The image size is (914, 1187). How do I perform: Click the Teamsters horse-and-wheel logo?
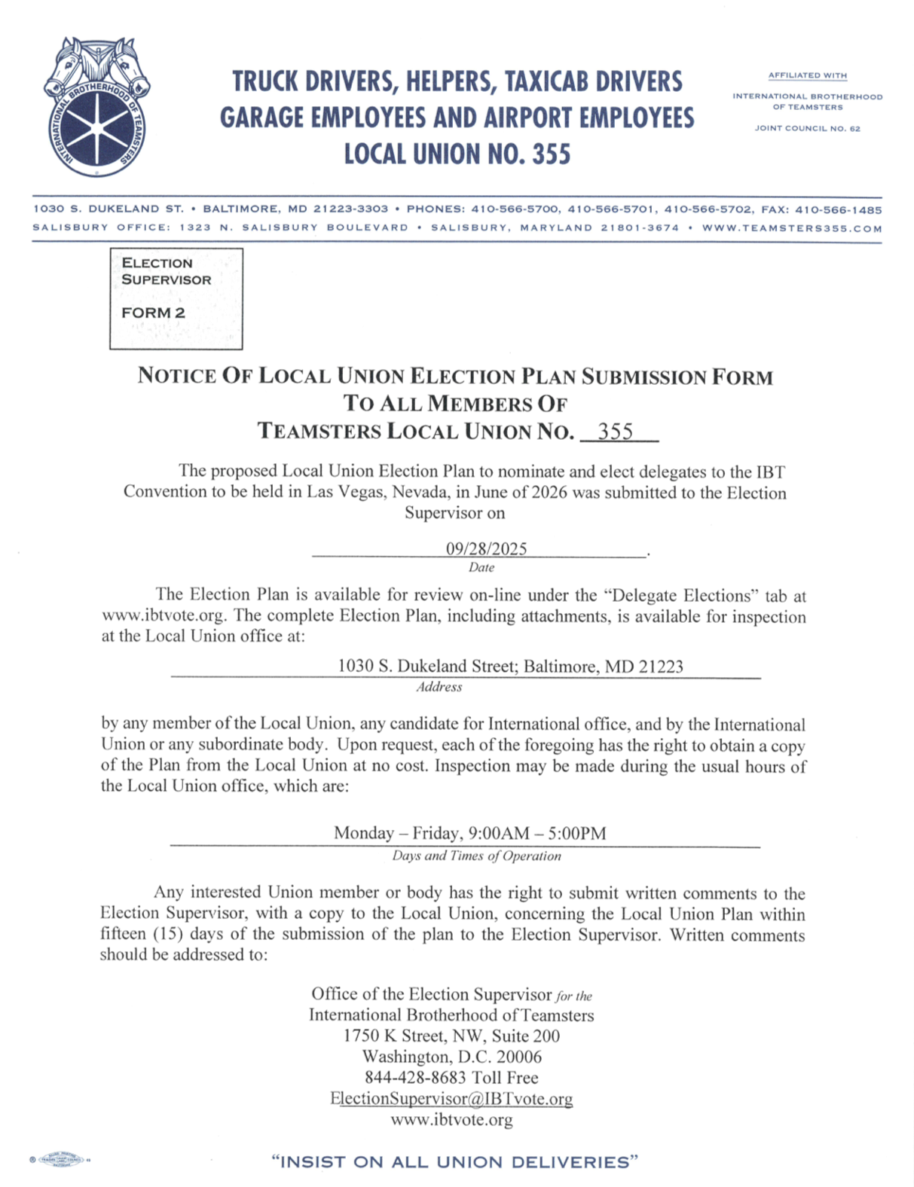96,107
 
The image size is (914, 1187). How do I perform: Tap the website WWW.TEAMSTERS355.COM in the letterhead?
791,228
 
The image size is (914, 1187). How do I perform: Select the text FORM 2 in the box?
153,313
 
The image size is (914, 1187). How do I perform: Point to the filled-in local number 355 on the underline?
615,432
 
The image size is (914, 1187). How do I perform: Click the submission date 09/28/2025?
486,548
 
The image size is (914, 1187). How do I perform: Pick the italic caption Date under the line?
481,568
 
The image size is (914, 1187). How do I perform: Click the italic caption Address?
439,687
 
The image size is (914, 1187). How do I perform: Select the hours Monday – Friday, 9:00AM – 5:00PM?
469,833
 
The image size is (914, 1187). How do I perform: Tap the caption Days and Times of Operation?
476,856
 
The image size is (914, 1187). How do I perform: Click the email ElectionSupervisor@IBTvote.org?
451,1099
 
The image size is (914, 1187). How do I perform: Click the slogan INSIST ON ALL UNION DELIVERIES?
454,1162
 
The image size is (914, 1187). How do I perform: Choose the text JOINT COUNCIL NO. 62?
807,129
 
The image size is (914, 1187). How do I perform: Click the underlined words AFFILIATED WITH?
807,75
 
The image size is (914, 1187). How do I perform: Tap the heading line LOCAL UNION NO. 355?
457,154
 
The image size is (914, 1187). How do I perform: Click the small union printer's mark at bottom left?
60,1160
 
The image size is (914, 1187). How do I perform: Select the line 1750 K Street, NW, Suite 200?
451,1036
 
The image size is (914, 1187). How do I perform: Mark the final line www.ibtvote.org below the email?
451,1120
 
